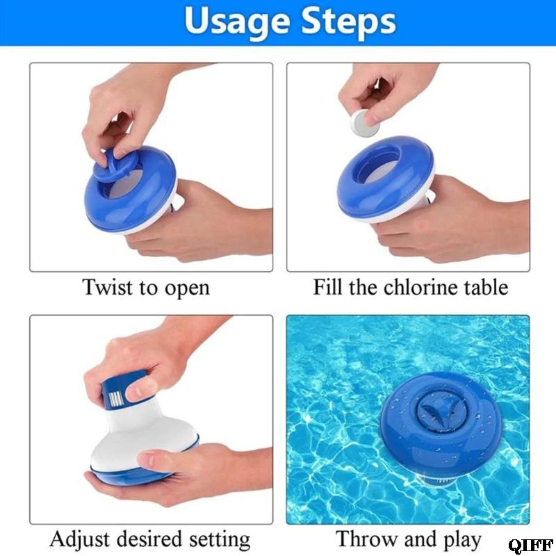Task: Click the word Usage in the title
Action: click(238, 22)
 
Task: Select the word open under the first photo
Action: click(187, 289)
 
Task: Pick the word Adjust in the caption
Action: click(80, 540)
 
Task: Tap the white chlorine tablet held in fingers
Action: click(363, 122)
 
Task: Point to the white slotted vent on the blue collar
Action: click(116, 398)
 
